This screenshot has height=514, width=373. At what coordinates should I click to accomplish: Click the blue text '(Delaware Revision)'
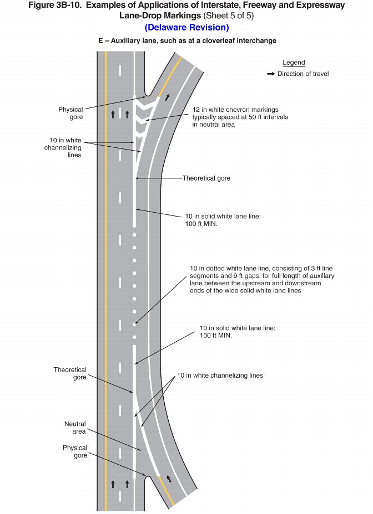click(x=186, y=27)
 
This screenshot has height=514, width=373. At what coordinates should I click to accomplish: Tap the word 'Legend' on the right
click(x=294, y=63)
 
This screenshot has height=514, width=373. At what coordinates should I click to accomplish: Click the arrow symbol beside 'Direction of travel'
click(x=271, y=74)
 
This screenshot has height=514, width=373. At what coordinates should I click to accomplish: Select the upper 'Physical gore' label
click(x=70, y=114)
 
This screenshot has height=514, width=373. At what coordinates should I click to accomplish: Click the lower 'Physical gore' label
click(x=75, y=451)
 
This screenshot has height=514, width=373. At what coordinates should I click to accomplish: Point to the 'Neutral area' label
click(x=75, y=428)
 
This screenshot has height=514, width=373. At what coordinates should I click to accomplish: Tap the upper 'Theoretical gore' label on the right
click(x=206, y=178)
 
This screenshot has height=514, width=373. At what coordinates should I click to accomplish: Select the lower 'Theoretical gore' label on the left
click(x=70, y=373)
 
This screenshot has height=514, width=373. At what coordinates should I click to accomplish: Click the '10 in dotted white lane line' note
click(x=261, y=279)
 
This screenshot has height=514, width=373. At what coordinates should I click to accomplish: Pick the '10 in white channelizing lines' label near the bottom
click(x=220, y=376)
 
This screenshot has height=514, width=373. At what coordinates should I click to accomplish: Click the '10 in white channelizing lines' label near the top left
click(x=63, y=148)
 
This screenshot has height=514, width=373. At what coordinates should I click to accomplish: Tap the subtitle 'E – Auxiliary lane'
click(x=186, y=41)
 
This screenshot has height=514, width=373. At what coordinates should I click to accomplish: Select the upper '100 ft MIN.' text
click(x=201, y=224)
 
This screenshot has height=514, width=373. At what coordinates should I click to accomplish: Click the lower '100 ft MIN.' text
click(x=216, y=336)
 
